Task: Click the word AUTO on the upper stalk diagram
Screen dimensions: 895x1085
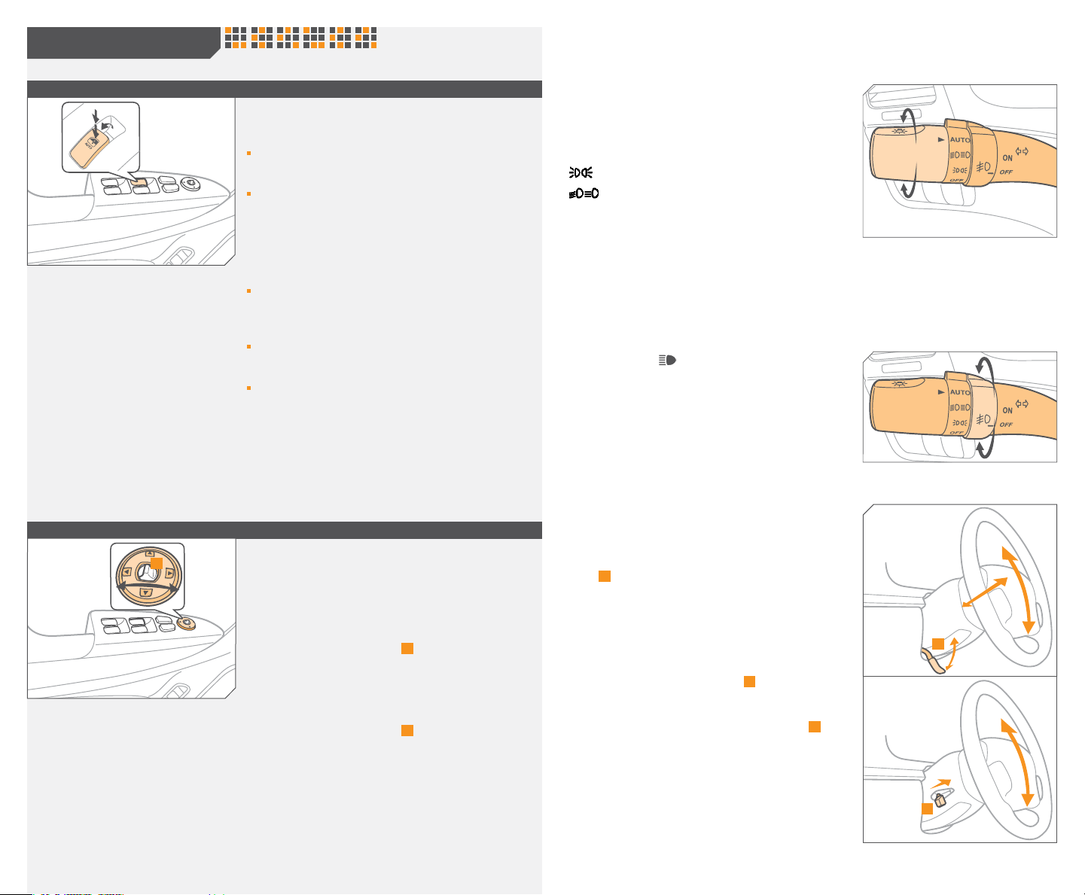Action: click(960, 140)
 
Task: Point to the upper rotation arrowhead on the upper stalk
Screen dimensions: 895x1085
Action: click(908, 114)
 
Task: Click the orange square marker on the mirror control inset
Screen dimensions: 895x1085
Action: click(156, 563)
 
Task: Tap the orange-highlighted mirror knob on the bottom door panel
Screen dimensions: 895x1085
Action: click(185, 623)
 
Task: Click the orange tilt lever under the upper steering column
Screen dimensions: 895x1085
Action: click(932, 662)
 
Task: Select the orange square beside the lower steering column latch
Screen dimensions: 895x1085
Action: click(928, 808)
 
